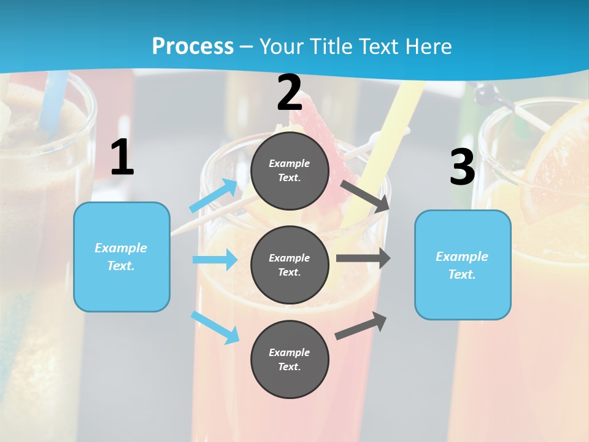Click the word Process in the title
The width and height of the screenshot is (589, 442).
[x=193, y=46]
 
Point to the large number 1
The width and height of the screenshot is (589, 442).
[x=122, y=158]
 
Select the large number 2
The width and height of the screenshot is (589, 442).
[x=290, y=93]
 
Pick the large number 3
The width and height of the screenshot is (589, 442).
[x=462, y=168]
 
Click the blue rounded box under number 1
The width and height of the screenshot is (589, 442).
[x=121, y=257]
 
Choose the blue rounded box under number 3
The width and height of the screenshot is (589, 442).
[x=463, y=265]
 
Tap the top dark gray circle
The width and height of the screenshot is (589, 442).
[x=290, y=171]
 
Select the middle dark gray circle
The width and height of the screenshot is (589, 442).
[x=290, y=265]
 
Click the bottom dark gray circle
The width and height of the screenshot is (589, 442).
[x=290, y=359]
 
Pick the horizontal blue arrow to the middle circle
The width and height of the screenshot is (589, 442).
[x=215, y=260]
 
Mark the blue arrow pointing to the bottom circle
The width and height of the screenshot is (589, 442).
[x=215, y=327]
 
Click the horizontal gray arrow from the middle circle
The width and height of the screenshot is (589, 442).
[x=363, y=258]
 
